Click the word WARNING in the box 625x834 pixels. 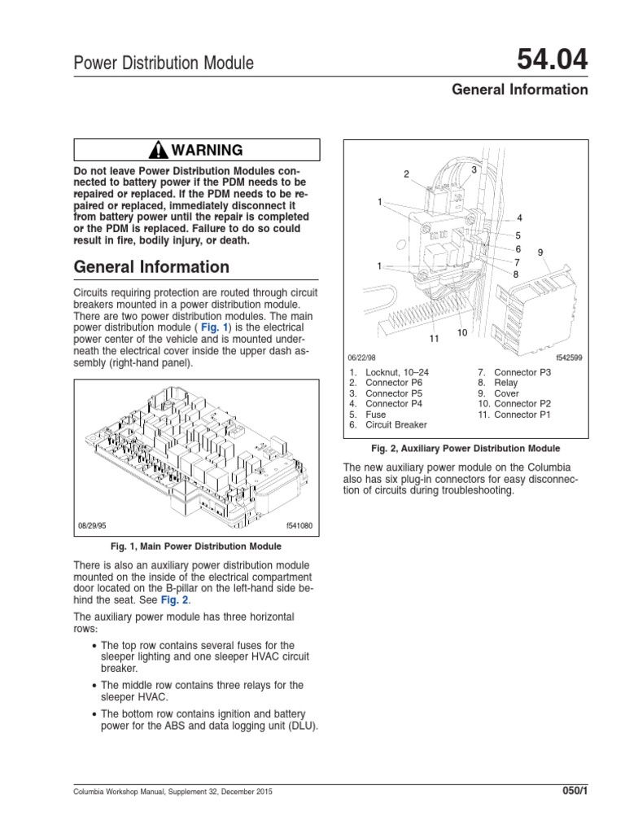click(x=206, y=150)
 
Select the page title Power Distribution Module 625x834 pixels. click(x=164, y=63)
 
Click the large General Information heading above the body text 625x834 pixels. click(x=151, y=266)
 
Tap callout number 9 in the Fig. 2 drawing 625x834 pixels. click(x=539, y=252)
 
